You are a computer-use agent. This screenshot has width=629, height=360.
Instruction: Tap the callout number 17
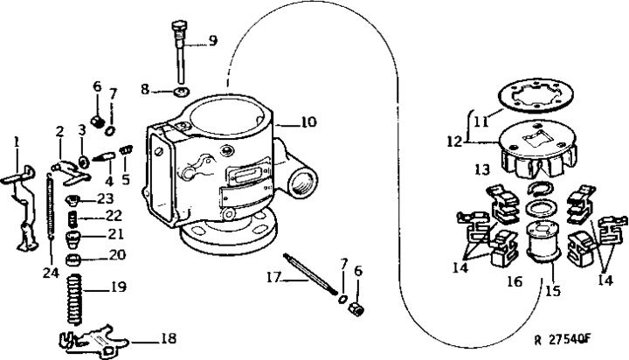275,279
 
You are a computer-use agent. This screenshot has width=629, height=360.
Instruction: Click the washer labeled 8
182,90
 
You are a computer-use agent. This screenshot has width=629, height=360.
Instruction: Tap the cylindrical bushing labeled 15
536,239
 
